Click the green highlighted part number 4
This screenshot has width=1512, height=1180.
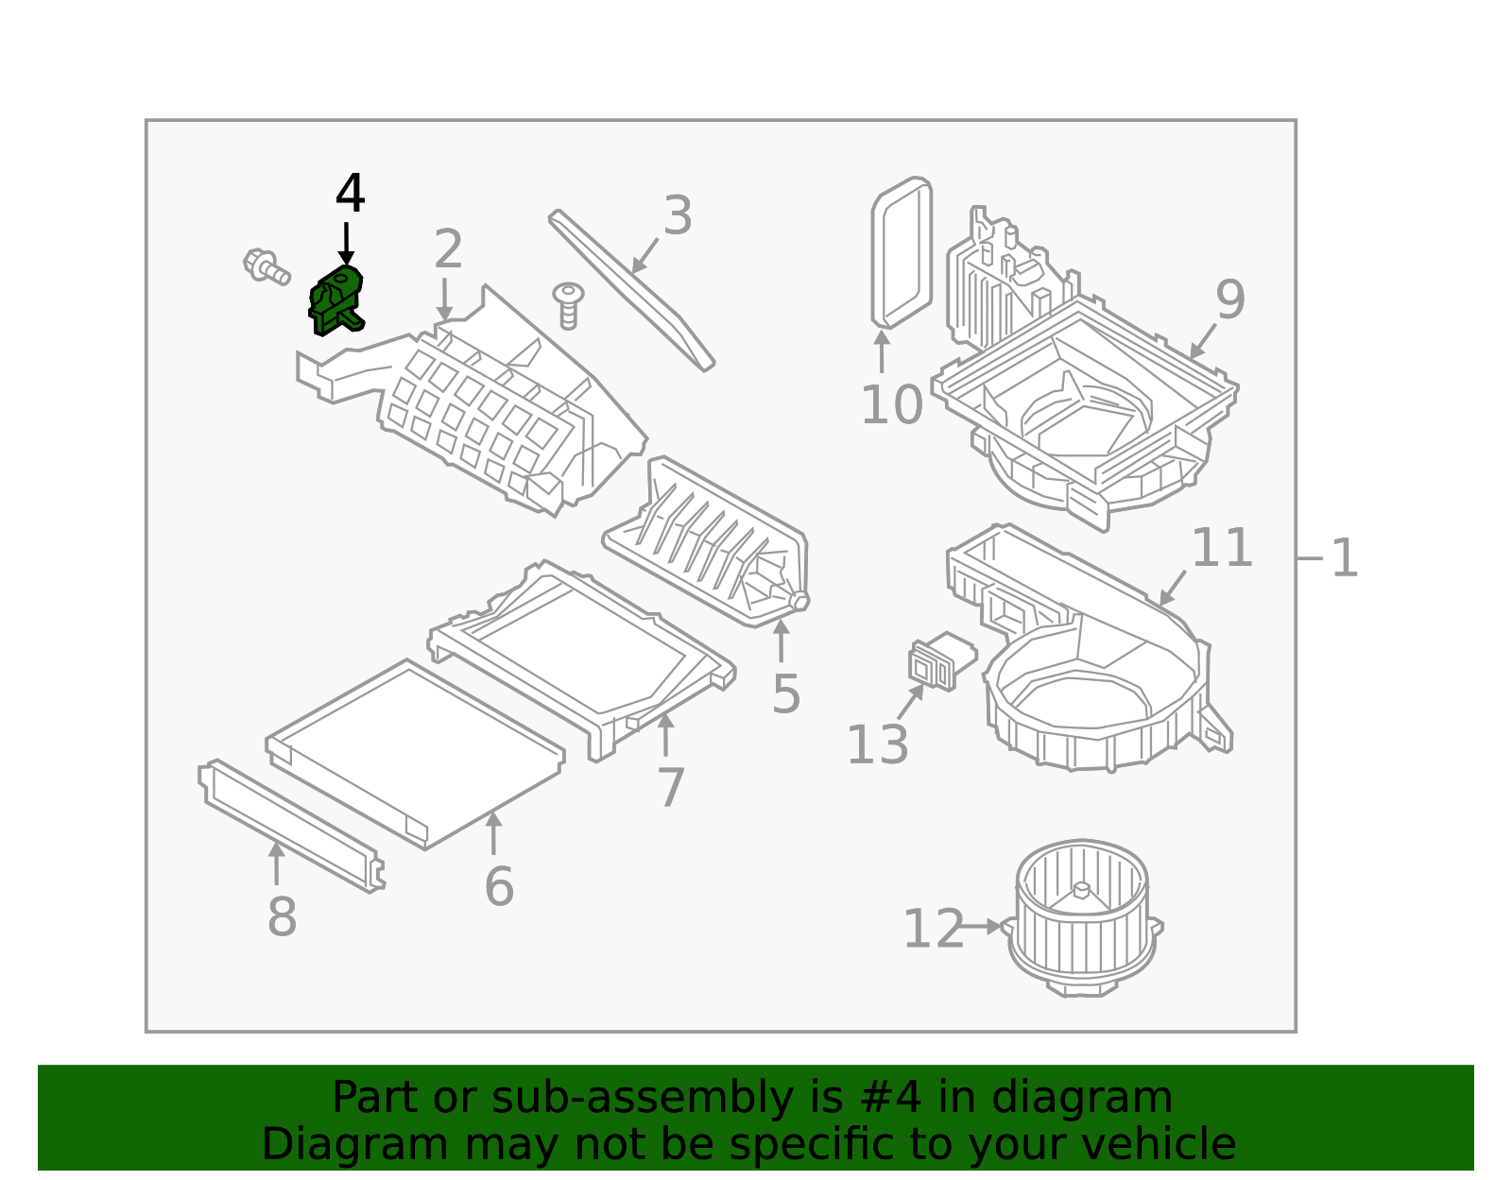[x=336, y=300]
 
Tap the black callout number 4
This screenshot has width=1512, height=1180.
[x=350, y=195]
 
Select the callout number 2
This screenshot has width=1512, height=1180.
[x=448, y=249]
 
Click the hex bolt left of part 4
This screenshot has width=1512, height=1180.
[x=266, y=266]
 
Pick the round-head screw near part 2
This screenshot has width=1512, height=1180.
[x=568, y=305]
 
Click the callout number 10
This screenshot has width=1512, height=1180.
[x=890, y=405]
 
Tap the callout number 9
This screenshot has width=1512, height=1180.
[x=1230, y=300]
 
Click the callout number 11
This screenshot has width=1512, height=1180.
[x=1221, y=548]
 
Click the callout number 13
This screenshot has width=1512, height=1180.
[x=877, y=745]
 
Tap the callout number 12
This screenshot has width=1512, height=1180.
[x=933, y=930]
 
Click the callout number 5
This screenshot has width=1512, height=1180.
[x=785, y=694]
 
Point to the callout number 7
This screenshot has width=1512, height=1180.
[x=670, y=788]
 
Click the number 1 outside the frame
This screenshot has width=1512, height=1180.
[x=1344, y=558]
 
